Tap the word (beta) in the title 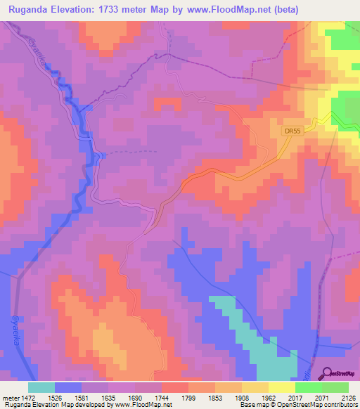(x=281, y=10)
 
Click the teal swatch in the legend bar (x=41, y=387)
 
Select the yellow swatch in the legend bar (x=281, y=387)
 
